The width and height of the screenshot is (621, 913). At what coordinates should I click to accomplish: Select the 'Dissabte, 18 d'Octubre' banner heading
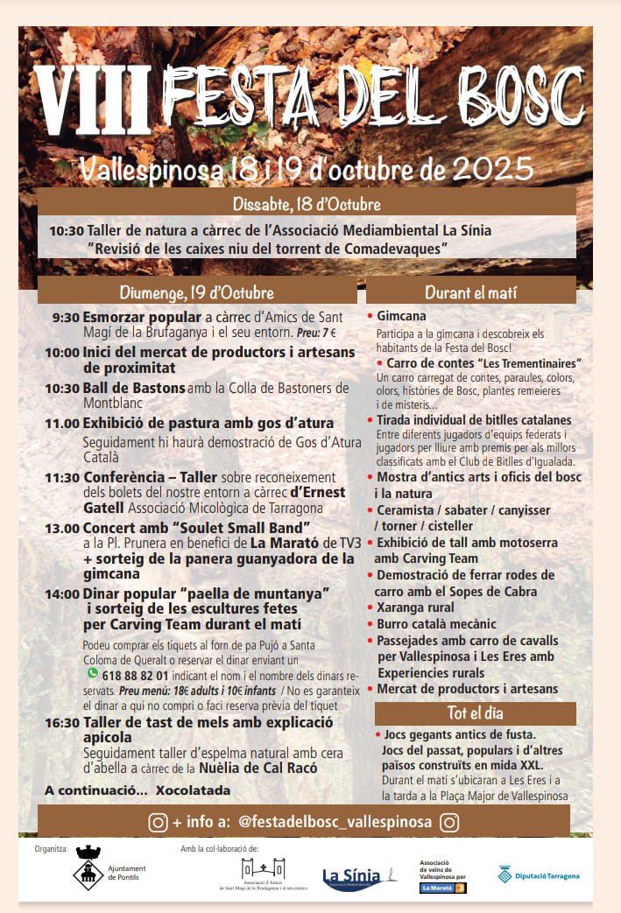click(307, 204)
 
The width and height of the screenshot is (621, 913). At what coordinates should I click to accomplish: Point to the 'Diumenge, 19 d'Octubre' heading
click(196, 292)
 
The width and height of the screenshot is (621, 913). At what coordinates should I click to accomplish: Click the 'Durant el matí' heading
click(470, 292)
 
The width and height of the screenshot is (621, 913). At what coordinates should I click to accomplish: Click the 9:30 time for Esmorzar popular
click(66, 317)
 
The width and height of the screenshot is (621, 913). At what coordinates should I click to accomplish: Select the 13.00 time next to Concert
click(62, 528)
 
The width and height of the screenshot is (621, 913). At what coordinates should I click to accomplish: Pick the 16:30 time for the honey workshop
click(62, 722)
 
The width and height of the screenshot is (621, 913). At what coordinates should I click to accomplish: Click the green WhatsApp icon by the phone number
click(92, 673)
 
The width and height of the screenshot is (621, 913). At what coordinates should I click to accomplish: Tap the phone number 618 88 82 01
click(136, 676)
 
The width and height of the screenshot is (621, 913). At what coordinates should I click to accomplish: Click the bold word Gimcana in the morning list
click(402, 316)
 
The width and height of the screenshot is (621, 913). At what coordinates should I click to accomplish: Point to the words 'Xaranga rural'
click(415, 607)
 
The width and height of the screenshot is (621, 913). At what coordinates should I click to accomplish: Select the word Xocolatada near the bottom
click(194, 790)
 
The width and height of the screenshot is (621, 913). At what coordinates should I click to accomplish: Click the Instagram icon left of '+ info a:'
click(159, 823)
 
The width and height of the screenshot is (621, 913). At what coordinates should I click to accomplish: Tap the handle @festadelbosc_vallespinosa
click(335, 823)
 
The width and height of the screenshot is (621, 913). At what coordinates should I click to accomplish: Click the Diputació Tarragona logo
click(538, 874)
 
